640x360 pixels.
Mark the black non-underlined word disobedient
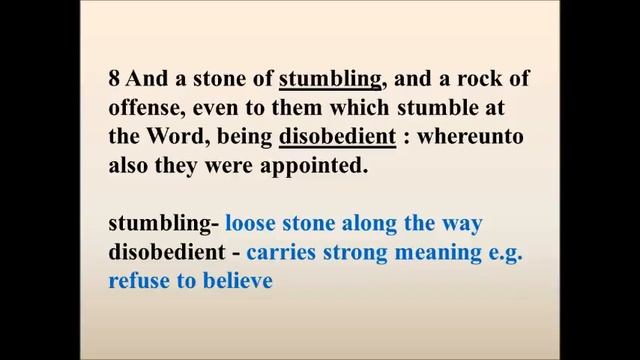tap(167, 252)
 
